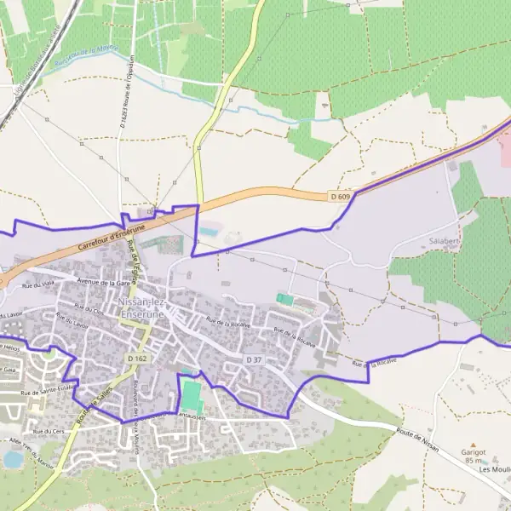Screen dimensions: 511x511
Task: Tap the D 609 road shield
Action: click(x=340, y=197)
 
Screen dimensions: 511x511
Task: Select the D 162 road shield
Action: click(x=137, y=359)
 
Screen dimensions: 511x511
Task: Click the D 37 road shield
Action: click(x=253, y=360)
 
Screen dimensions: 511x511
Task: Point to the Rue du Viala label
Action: click(x=39, y=284)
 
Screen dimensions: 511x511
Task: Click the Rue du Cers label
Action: click(x=50, y=431)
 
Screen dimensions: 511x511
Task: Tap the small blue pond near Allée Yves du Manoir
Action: click(x=13, y=458)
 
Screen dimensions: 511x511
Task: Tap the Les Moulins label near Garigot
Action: click(x=494, y=469)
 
